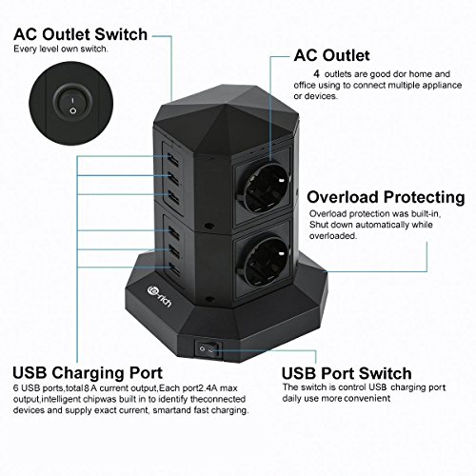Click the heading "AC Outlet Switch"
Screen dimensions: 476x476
point(81,34)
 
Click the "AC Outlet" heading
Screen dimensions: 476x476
point(331,55)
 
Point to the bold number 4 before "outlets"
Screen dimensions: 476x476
point(316,74)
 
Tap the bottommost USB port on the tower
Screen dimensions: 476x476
point(173,268)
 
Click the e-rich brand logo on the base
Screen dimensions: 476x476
point(160,297)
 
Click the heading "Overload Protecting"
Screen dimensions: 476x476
point(386,197)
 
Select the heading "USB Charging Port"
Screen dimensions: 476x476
point(88,373)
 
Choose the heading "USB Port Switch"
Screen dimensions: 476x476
point(347,373)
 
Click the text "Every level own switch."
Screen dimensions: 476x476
point(61,49)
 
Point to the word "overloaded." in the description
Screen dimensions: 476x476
point(333,236)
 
